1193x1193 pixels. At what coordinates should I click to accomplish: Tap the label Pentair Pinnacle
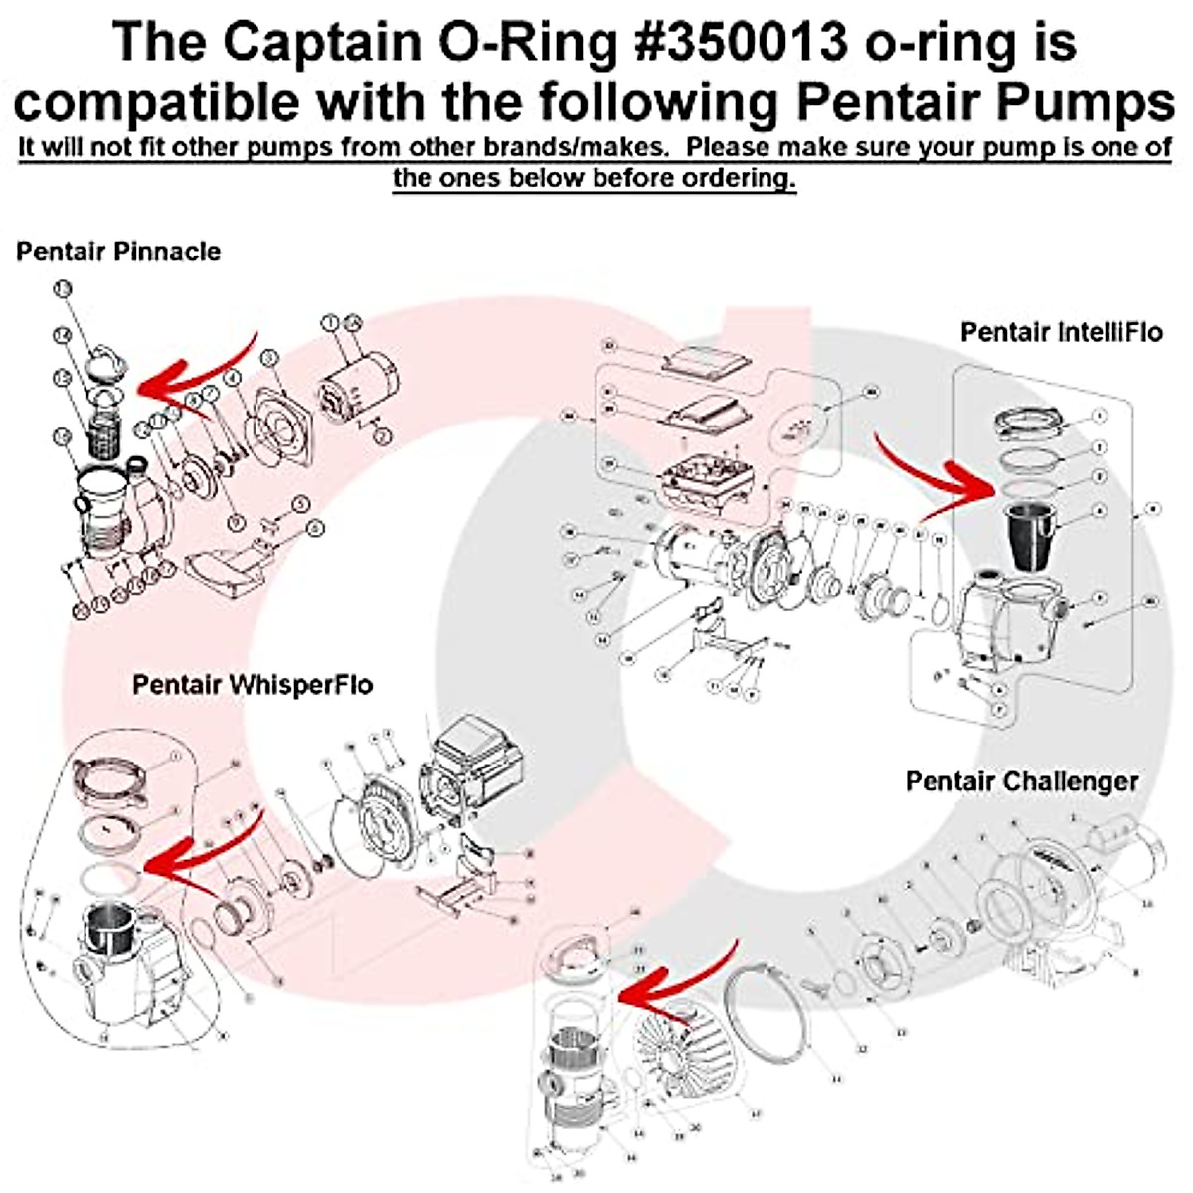[118, 252]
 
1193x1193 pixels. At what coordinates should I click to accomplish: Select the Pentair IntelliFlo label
[1061, 332]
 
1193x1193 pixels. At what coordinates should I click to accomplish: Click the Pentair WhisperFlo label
[253, 685]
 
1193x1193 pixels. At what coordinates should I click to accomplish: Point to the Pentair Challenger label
[1022, 781]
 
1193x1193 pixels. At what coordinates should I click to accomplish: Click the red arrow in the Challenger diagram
[676, 984]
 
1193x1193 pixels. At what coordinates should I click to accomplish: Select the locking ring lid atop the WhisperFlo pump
[117, 774]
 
